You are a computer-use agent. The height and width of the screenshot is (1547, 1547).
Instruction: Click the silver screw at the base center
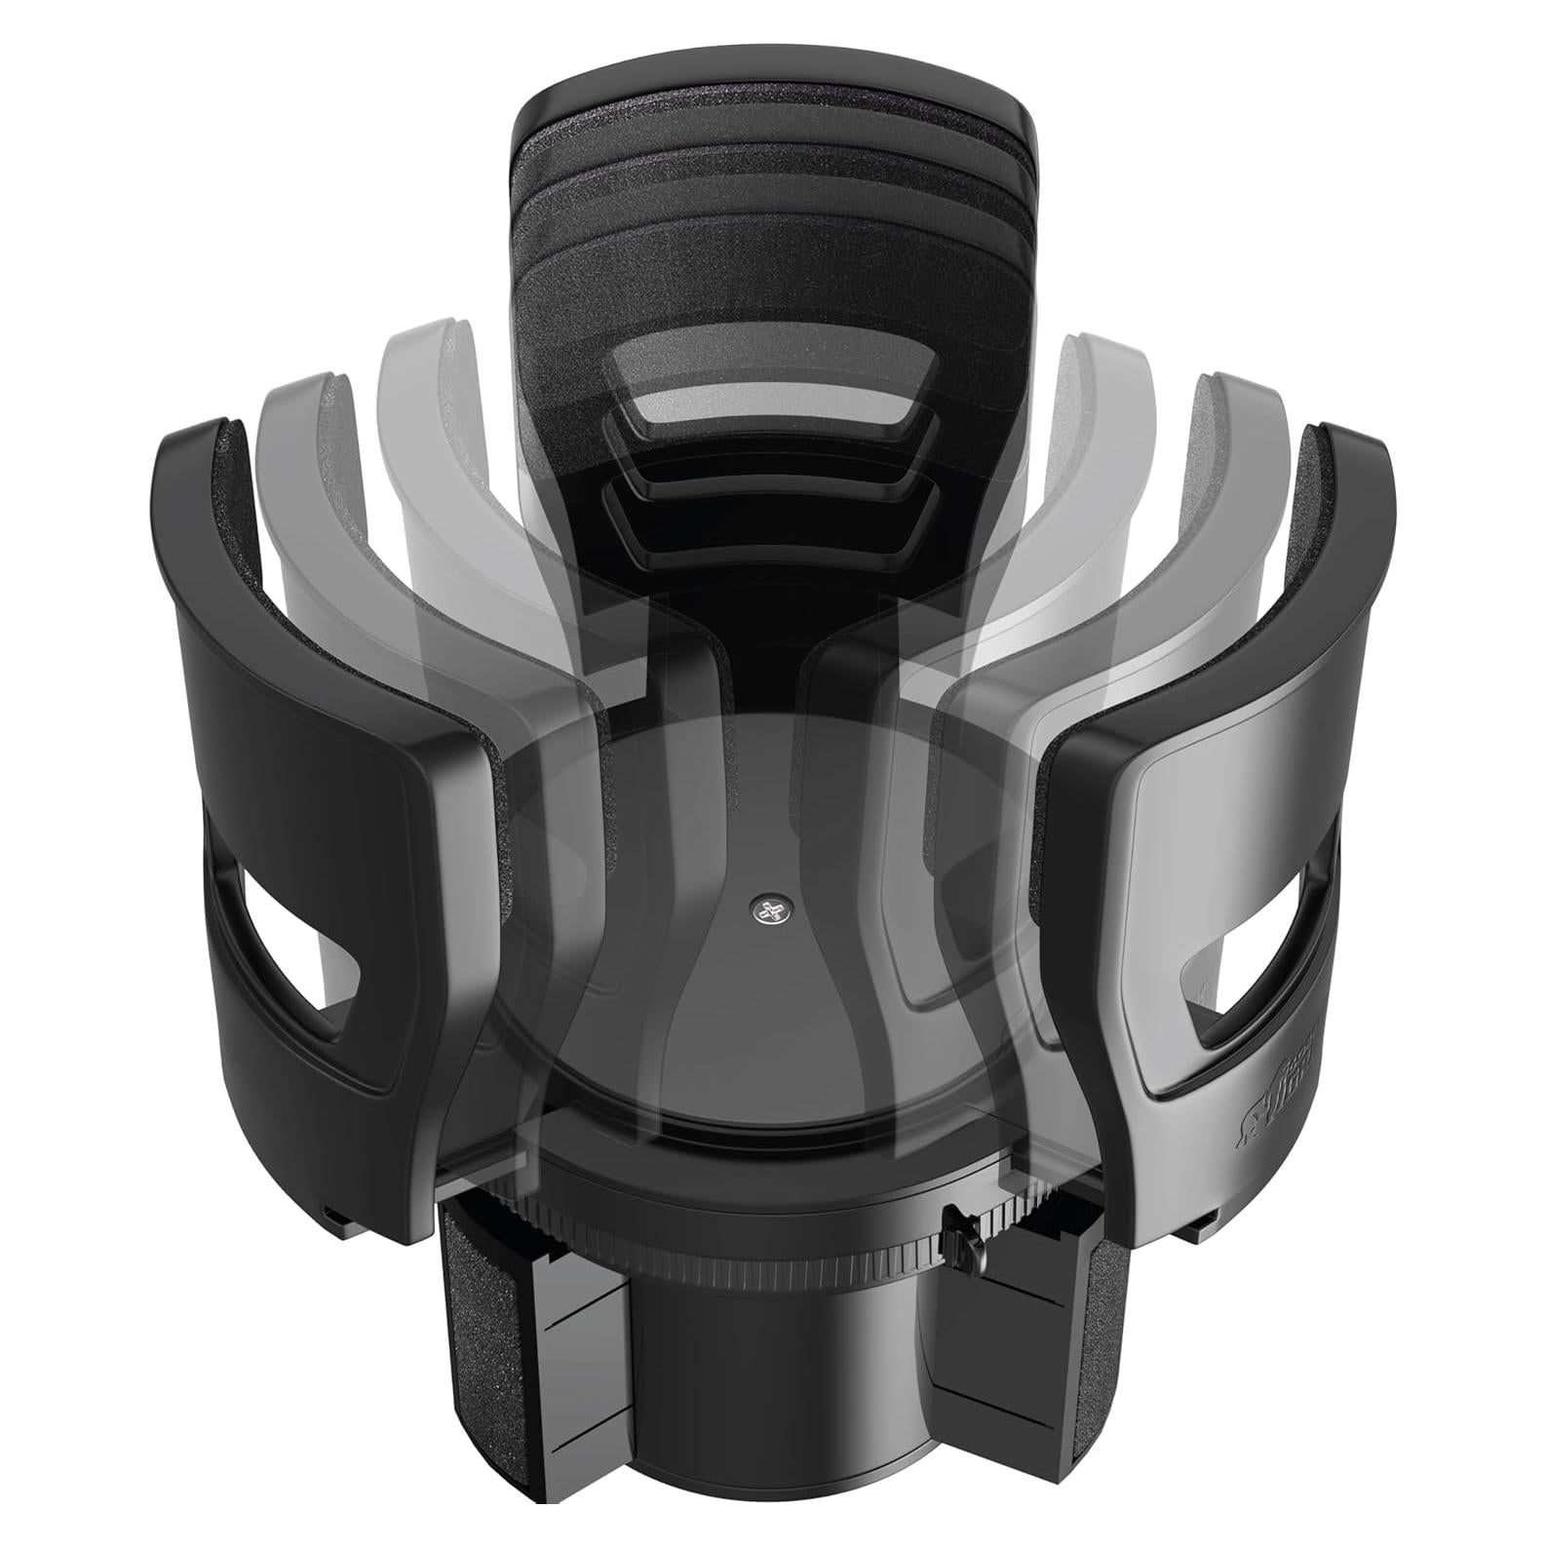point(773,909)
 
